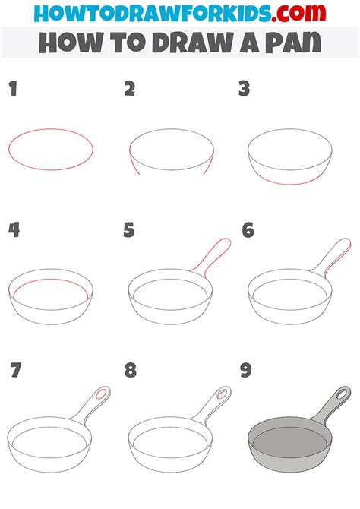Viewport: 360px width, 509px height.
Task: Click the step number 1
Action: [13, 90]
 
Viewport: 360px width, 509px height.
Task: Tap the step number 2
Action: [130, 90]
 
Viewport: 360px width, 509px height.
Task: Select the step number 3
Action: [245, 90]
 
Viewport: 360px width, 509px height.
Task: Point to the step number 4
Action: [14, 230]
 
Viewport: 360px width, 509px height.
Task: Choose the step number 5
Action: [130, 230]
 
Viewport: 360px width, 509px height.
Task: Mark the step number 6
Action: [248, 230]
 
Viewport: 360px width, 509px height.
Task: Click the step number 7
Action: [15, 371]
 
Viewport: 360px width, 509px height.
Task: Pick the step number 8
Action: [131, 371]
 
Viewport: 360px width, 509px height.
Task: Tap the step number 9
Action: [246, 371]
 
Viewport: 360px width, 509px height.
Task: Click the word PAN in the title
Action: [290, 43]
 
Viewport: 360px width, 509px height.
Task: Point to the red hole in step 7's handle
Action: [100, 395]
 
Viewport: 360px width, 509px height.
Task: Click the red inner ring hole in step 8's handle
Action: [219, 395]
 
